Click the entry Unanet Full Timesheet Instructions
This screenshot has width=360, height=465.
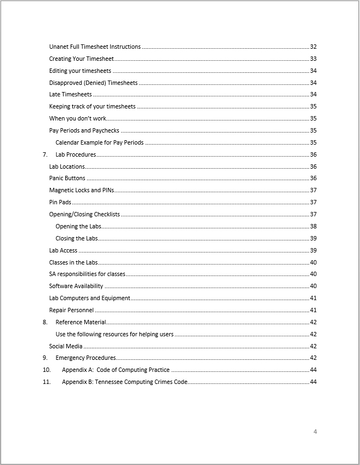pyautogui.click(x=95, y=47)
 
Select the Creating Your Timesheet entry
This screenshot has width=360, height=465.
pyautogui.click(x=81, y=59)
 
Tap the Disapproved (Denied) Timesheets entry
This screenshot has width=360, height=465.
pyautogui.click(x=93, y=83)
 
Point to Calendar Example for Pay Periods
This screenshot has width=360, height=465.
pyautogui.click(x=99, y=142)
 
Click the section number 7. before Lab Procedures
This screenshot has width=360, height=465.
pyautogui.click(x=45, y=154)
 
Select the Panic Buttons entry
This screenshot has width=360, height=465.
pyautogui.click(x=67, y=178)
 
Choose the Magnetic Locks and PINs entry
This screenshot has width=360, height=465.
pyautogui.click(x=81, y=190)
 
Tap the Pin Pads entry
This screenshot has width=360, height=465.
pyautogui.click(x=60, y=202)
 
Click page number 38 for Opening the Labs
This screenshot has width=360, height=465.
pyautogui.click(x=313, y=226)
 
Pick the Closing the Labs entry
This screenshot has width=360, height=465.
pyautogui.click(x=77, y=238)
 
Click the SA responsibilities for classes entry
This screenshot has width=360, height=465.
pyautogui.click(x=87, y=274)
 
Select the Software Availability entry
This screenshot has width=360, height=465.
pyautogui.click(x=76, y=286)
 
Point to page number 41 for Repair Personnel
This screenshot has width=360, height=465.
pyautogui.click(x=313, y=310)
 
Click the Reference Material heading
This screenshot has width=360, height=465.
pyautogui.click(x=81, y=322)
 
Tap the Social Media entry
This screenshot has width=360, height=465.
pyautogui.click(x=66, y=346)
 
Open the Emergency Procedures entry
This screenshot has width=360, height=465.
pyautogui.click(x=85, y=358)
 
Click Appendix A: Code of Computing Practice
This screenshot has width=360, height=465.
pyautogui.click(x=116, y=370)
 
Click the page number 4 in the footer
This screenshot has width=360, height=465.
pyautogui.click(x=315, y=432)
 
